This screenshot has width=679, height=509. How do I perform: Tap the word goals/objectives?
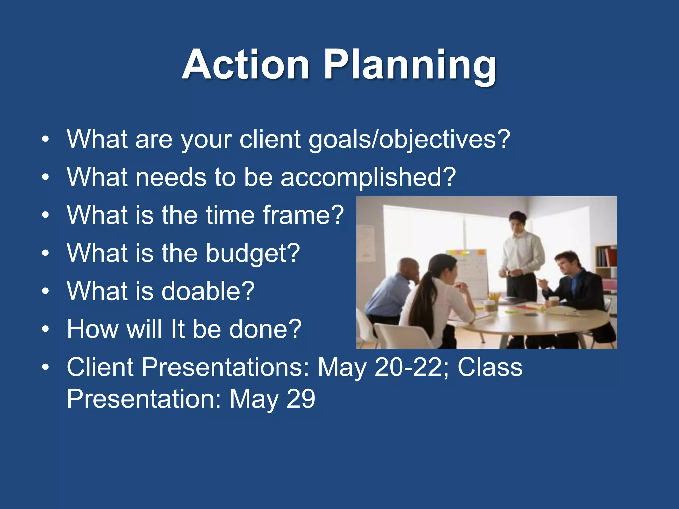click(409, 139)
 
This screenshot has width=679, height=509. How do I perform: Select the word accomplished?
click(368, 177)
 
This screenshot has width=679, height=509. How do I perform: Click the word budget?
click(253, 253)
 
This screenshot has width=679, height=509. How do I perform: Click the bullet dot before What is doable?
click(45, 291)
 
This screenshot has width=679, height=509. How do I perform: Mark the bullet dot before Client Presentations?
click(45, 367)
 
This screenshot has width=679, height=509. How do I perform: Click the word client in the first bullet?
click(270, 139)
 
